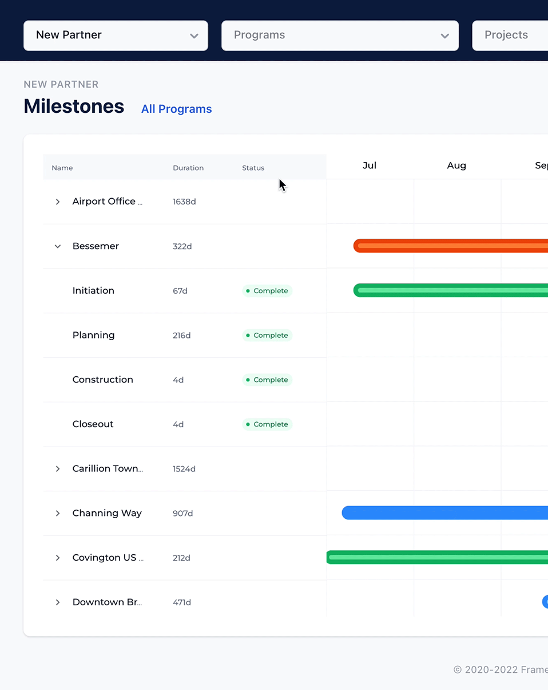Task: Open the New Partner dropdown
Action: [116, 36]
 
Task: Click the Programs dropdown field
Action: [340, 36]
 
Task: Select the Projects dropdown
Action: [509, 36]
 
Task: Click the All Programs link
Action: [176, 109]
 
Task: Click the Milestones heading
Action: [74, 107]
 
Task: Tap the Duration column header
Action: [188, 168]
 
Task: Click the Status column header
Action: [253, 168]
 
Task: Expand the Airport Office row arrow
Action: [58, 202]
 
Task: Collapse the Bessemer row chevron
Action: [58, 246]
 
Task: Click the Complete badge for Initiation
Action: [267, 291]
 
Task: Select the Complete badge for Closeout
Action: [267, 424]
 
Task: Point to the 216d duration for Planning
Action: [181, 336]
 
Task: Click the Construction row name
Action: [102, 380]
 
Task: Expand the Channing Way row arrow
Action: [58, 513]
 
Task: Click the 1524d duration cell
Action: [184, 469]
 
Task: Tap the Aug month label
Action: [456, 165]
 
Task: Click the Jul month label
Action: [370, 165]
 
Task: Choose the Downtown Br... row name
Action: [107, 602]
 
